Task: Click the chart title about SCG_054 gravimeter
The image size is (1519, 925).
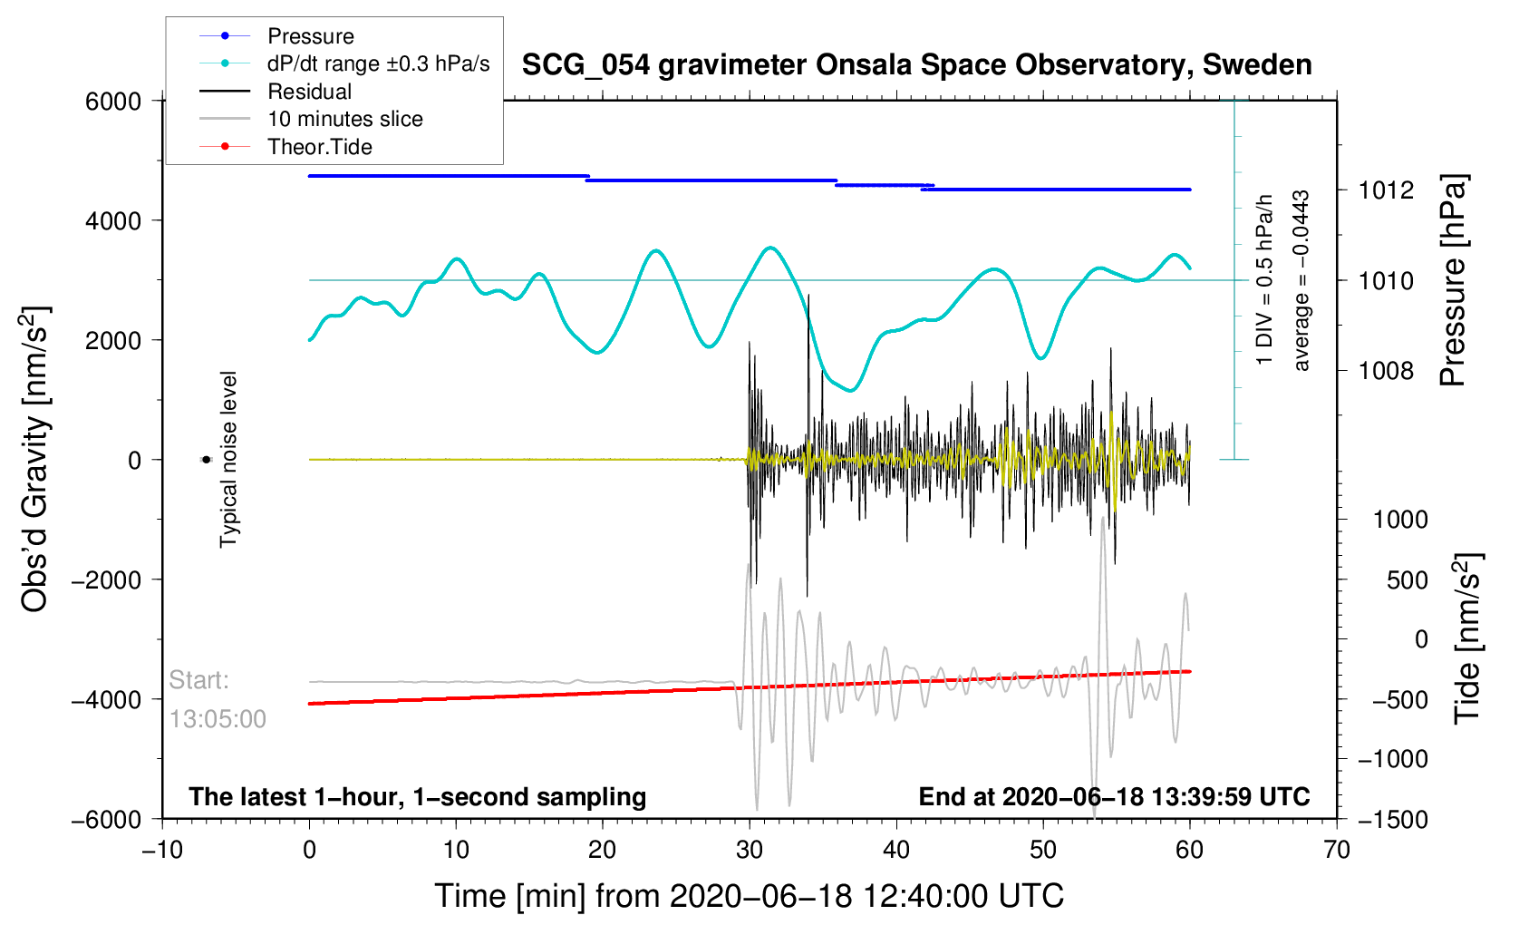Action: (x=916, y=65)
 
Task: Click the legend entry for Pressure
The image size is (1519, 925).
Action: (x=310, y=36)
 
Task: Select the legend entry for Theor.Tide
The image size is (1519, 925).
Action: (x=319, y=147)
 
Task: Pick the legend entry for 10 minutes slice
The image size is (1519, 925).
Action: (x=344, y=119)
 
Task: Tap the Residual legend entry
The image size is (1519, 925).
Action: (x=309, y=92)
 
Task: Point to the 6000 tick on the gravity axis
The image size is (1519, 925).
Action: (x=113, y=102)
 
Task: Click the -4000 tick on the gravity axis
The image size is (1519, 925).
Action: (x=108, y=699)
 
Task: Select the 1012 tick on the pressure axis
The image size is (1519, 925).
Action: (x=1386, y=190)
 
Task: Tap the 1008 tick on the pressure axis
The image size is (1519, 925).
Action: (x=1386, y=370)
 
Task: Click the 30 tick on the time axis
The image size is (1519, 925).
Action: (x=750, y=851)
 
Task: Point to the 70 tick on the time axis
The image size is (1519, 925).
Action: (x=1336, y=851)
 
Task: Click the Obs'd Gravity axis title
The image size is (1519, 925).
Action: (x=34, y=460)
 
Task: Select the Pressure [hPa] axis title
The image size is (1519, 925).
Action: (x=1452, y=281)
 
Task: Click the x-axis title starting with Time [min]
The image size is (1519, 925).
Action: (x=749, y=896)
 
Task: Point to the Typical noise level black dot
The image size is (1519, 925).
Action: (x=206, y=460)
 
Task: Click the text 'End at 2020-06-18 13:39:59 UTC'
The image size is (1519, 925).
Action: (x=1114, y=797)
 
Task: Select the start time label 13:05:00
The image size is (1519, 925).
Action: (x=218, y=719)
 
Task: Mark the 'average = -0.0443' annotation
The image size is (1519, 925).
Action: (x=1301, y=281)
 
